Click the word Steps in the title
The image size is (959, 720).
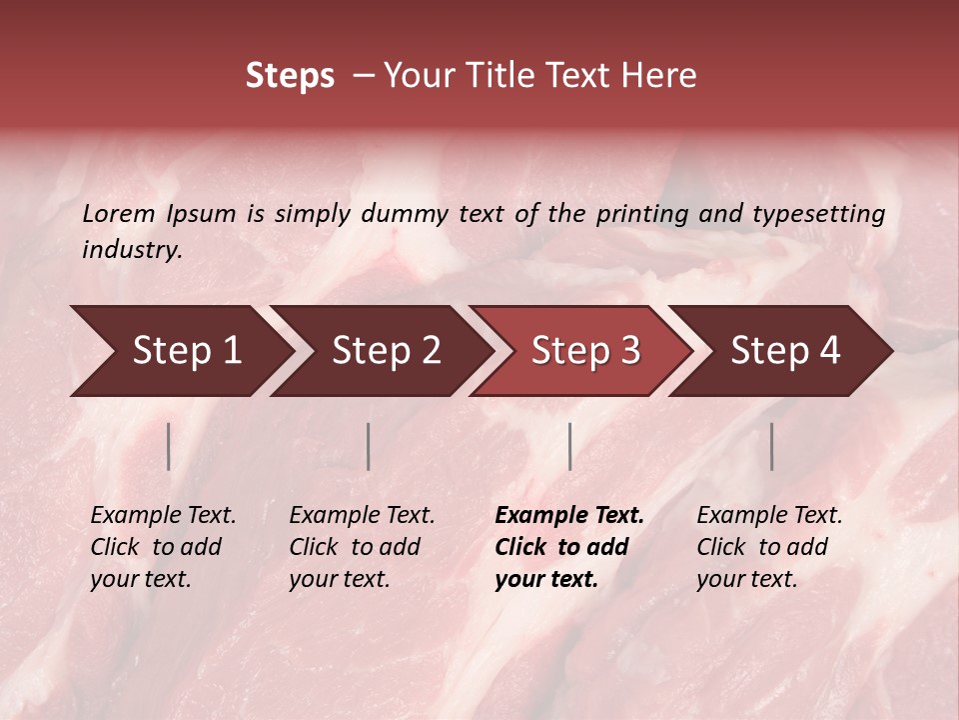[x=290, y=76]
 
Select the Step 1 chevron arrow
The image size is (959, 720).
[x=180, y=351]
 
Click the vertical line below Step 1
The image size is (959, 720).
[x=169, y=446]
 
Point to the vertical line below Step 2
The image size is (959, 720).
[x=369, y=446]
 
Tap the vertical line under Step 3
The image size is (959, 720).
[x=569, y=446]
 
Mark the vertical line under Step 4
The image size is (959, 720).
[x=771, y=446]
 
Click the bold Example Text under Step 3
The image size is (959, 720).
[x=569, y=547]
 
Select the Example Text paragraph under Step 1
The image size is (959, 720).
[x=163, y=547]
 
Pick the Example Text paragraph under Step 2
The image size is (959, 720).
[x=362, y=547]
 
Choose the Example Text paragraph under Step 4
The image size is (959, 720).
[x=769, y=547]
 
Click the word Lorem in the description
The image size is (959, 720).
[x=119, y=214]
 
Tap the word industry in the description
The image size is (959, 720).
[x=131, y=250]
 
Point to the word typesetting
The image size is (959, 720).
[x=818, y=214]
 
